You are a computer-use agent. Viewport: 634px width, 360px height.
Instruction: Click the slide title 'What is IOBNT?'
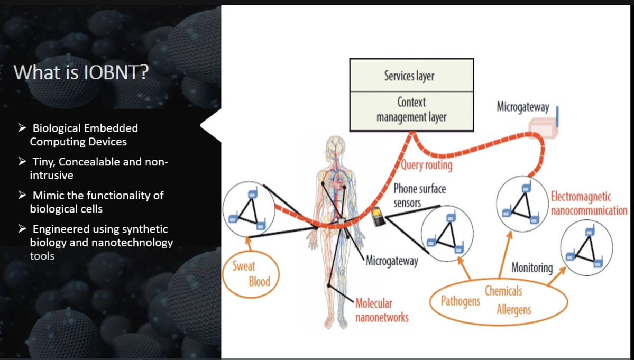(81, 72)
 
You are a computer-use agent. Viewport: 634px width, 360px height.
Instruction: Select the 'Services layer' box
(411, 75)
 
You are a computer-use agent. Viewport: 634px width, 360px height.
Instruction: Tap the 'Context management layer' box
(411, 110)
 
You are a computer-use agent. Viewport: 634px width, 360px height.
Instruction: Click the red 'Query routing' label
(426, 165)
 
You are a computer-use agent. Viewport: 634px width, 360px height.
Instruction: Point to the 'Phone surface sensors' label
(419, 196)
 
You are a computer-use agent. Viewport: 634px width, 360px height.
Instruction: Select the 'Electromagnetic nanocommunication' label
(589, 204)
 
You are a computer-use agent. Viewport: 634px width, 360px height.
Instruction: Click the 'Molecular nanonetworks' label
(382, 310)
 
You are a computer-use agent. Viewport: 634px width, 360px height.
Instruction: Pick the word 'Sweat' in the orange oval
(244, 266)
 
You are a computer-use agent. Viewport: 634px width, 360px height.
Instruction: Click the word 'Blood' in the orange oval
(259, 281)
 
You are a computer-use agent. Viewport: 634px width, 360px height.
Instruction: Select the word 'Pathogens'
(461, 301)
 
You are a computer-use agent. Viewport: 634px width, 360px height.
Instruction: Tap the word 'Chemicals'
(503, 291)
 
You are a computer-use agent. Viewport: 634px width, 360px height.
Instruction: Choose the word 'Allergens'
(514, 310)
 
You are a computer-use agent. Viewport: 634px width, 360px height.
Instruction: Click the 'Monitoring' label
(532, 267)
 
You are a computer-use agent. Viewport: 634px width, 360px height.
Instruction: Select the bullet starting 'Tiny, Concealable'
(93, 169)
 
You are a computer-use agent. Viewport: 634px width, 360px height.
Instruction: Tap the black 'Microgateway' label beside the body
(391, 261)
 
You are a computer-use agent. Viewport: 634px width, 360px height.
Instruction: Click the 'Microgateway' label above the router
(523, 107)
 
